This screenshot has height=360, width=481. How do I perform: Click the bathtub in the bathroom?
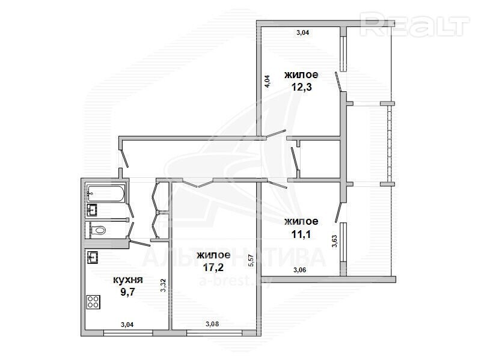(106, 193)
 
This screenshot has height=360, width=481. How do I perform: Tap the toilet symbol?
(98, 230)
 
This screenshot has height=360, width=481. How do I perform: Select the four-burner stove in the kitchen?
(93, 302)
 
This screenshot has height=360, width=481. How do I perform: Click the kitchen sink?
(93, 257)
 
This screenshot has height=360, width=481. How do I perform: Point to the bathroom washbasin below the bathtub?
(92, 210)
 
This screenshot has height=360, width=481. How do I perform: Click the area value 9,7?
(127, 292)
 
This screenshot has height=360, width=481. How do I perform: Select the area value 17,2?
(213, 267)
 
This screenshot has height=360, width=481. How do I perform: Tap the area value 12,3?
(301, 87)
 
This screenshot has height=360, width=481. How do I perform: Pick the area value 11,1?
(301, 234)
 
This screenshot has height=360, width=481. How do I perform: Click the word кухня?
(128, 280)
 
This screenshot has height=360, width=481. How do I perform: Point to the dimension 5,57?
(251, 260)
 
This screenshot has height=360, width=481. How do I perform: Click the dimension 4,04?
(267, 82)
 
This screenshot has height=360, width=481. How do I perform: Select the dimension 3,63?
(334, 241)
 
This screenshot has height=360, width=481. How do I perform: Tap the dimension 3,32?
(163, 285)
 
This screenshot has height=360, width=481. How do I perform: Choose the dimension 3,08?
(212, 324)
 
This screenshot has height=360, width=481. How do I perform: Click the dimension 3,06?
(299, 270)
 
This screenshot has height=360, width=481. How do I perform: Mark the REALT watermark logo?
(415, 25)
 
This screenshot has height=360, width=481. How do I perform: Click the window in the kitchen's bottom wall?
(128, 333)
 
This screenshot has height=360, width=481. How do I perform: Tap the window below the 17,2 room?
(214, 333)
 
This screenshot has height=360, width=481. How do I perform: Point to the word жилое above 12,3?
(301, 75)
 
